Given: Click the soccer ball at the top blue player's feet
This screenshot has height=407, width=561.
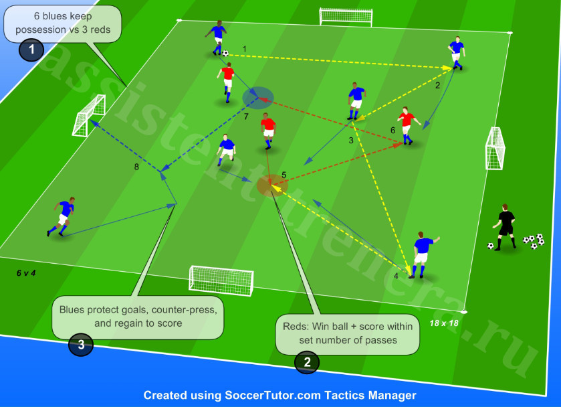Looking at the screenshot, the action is (x=225, y=54).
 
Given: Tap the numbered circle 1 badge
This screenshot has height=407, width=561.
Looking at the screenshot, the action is (x=31, y=50).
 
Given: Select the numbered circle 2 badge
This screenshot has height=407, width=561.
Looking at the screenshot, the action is (x=307, y=362).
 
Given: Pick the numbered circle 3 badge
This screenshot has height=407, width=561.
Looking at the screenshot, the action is (x=81, y=344).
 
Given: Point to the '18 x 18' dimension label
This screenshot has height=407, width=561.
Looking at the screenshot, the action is (x=443, y=323).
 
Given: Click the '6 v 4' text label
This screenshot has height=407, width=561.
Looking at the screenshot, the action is (x=26, y=273).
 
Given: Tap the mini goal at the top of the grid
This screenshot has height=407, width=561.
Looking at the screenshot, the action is (x=346, y=17).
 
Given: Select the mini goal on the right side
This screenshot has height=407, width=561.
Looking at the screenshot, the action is (x=495, y=148).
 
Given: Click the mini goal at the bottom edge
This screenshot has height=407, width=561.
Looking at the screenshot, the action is (x=221, y=280).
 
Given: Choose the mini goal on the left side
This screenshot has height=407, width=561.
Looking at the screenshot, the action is (x=89, y=115).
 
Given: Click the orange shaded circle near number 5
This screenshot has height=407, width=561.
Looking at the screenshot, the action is (x=272, y=185).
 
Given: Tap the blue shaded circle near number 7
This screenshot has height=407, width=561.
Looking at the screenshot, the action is (x=258, y=98).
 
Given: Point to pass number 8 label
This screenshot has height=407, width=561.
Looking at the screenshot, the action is (x=136, y=167).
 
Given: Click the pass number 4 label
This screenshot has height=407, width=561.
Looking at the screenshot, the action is (x=396, y=276).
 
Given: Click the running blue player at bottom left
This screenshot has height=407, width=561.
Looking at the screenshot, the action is (x=62, y=217).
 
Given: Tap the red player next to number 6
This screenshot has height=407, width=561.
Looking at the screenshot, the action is (x=408, y=125).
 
